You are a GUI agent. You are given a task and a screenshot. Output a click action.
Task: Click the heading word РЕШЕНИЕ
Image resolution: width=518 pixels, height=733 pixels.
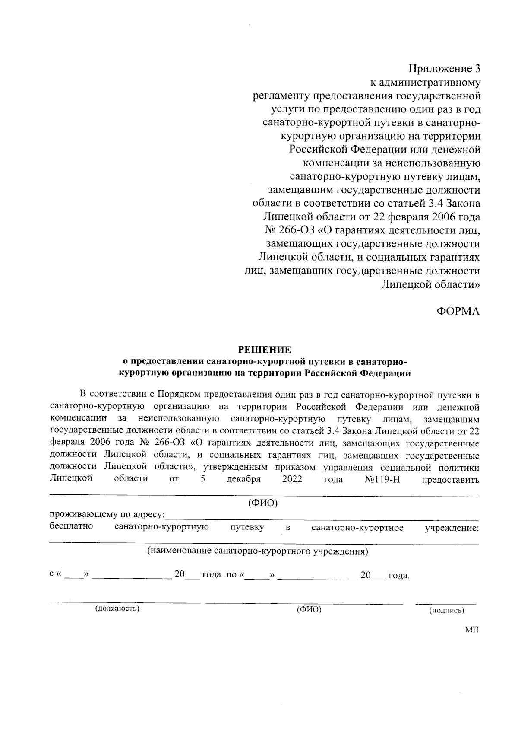(265, 349)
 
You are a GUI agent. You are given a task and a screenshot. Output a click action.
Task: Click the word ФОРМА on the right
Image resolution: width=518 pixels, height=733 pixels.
(458, 311)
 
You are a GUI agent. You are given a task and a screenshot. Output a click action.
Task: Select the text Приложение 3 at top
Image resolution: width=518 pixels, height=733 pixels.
(444, 69)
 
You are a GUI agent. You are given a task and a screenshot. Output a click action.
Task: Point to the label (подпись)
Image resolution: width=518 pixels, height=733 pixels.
(446, 610)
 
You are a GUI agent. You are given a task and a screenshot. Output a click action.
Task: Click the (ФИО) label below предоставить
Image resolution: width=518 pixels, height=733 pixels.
(262, 503)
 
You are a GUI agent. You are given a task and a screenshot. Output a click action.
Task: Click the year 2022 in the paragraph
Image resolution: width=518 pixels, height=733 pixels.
(292, 479)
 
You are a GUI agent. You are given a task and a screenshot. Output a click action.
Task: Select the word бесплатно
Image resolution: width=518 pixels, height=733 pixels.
(71, 527)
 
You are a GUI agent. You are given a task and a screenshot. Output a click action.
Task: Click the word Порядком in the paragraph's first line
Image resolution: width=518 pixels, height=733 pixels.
(178, 395)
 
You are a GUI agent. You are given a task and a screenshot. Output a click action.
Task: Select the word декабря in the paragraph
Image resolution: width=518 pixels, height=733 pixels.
(243, 479)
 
